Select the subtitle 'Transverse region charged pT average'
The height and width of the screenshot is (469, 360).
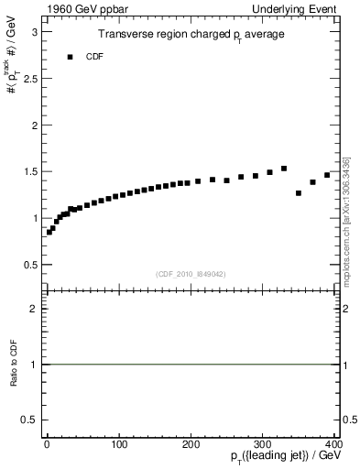pos(190,35)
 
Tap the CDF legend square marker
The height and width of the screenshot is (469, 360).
pos(70,57)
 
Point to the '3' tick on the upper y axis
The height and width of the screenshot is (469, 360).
pos(34,31)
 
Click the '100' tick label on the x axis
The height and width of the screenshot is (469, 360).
pos(118,444)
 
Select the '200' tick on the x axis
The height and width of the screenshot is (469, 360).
pos(191,444)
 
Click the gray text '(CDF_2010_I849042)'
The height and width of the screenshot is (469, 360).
pos(190,274)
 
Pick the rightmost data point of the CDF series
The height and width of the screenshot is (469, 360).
pos(327,175)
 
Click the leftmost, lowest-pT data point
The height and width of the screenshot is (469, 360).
pos(49,233)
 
